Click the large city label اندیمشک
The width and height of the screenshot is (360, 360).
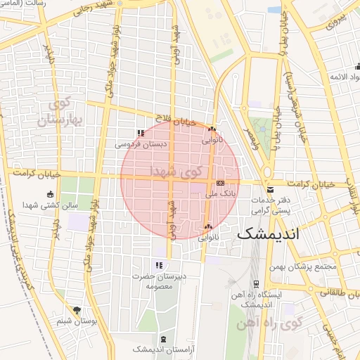(x=269, y=234)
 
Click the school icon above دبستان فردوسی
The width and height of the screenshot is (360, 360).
(x=141, y=133)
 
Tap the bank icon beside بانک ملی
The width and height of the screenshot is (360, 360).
(x=219, y=183)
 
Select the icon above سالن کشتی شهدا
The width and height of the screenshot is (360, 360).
(x=49, y=195)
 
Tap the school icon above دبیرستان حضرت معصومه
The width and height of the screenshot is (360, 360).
(x=159, y=265)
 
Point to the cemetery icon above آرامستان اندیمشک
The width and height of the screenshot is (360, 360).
(x=163, y=340)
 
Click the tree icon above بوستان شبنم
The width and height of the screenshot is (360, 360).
(x=77, y=310)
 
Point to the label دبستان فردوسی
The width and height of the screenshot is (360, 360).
(x=142, y=145)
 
